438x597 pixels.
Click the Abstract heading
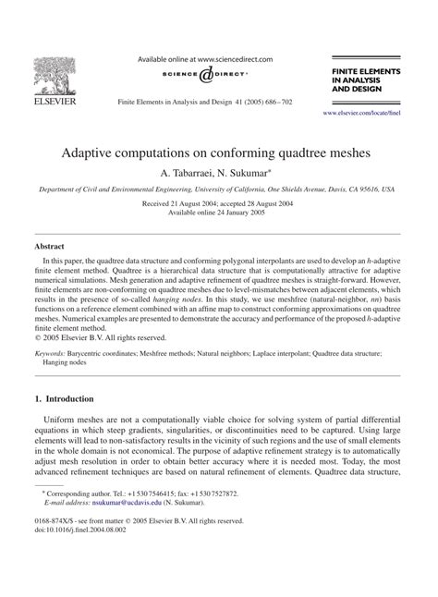(50, 248)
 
